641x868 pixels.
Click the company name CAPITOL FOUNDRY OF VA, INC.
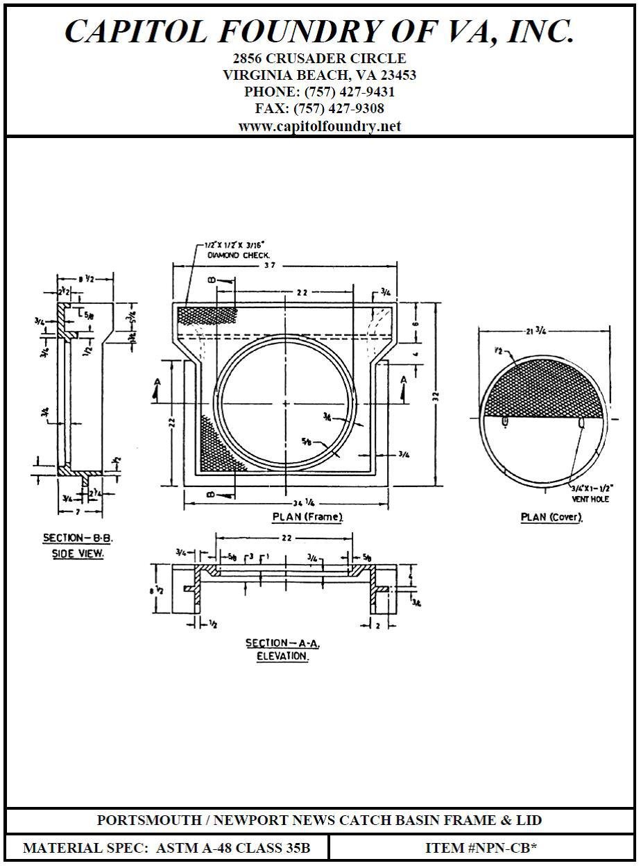[320, 31]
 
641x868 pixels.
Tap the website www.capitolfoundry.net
[320, 126]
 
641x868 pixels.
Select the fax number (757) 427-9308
[339, 109]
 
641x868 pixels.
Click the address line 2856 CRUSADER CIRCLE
[320, 58]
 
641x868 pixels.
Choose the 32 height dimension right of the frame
[436, 395]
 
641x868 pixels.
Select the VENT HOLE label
[590, 499]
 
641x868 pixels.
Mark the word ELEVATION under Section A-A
[277, 656]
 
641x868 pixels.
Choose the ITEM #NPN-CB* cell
[481, 848]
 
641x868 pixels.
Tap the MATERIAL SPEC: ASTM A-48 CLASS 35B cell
[166, 848]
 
